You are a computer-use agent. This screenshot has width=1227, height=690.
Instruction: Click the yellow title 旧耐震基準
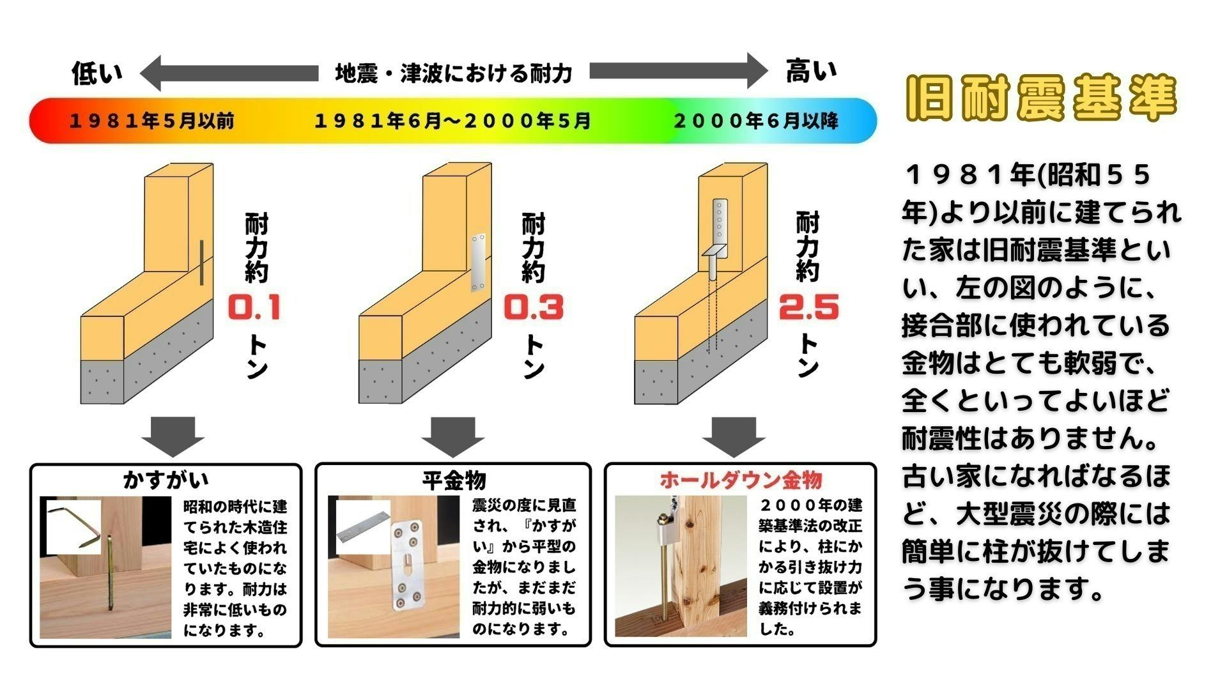click(x=1041, y=98)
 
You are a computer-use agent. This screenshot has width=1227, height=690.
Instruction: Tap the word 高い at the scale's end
click(x=811, y=71)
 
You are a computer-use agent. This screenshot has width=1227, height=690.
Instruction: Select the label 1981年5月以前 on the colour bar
click(x=151, y=121)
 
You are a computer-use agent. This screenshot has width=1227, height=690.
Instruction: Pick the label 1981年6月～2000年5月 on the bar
click(x=452, y=121)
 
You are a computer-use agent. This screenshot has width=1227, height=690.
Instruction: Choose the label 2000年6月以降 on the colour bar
click(x=756, y=121)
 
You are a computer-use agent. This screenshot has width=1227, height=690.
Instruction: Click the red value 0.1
click(x=254, y=308)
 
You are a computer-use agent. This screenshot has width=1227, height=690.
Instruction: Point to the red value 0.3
click(x=534, y=307)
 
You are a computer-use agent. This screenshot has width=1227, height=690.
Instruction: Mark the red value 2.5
click(x=808, y=307)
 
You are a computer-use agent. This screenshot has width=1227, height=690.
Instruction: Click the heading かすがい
click(x=166, y=480)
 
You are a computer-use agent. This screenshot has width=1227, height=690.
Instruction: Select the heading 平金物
click(x=454, y=480)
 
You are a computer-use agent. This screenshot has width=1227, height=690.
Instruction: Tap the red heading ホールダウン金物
click(x=741, y=480)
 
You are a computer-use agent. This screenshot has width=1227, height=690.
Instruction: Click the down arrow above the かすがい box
click(x=173, y=436)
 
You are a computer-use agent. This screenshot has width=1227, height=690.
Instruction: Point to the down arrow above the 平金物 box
click(x=452, y=436)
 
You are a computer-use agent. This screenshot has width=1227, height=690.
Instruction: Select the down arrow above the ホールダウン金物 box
click(x=734, y=436)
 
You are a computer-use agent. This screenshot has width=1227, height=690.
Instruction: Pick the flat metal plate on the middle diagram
click(x=478, y=263)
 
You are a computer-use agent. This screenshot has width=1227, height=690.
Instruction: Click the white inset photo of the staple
click(x=74, y=526)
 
